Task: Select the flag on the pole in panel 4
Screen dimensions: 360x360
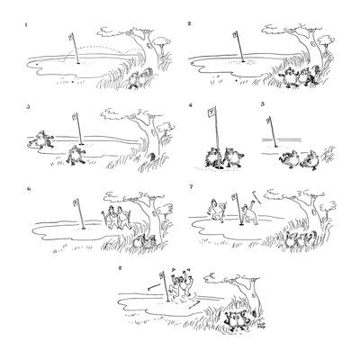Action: [x=211, y=113]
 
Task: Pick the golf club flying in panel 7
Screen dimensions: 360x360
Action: [x=259, y=194]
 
